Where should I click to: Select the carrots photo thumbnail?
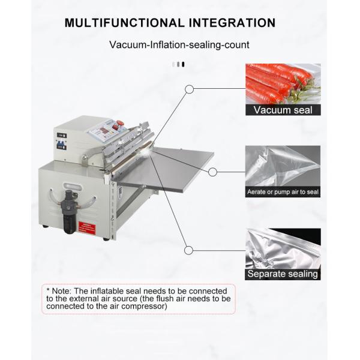pyautogui.click(x=283, y=83)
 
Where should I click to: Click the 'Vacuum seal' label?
pyautogui.click(x=283, y=110)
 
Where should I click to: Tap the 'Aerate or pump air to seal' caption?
pyautogui.click(x=283, y=192)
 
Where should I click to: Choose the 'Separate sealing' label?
pyautogui.click(x=283, y=274)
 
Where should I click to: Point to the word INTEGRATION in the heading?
pyautogui.click(x=231, y=23)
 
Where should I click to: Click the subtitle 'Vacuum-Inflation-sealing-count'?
pyautogui.click(x=179, y=45)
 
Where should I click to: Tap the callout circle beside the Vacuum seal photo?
pyautogui.click(x=190, y=90)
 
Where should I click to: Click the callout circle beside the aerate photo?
pyautogui.click(x=212, y=172)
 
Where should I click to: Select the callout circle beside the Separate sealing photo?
pyautogui.click(x=190, y=249)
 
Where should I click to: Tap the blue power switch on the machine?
pyautogui.click(x=62, y=144)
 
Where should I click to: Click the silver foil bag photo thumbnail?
pyautogui.click(x=283, y=248)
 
